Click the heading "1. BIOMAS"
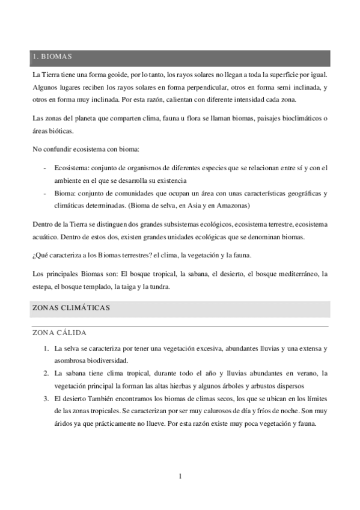(52, 57)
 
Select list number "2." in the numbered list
(46, 373)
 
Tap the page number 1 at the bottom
(180, 477)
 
